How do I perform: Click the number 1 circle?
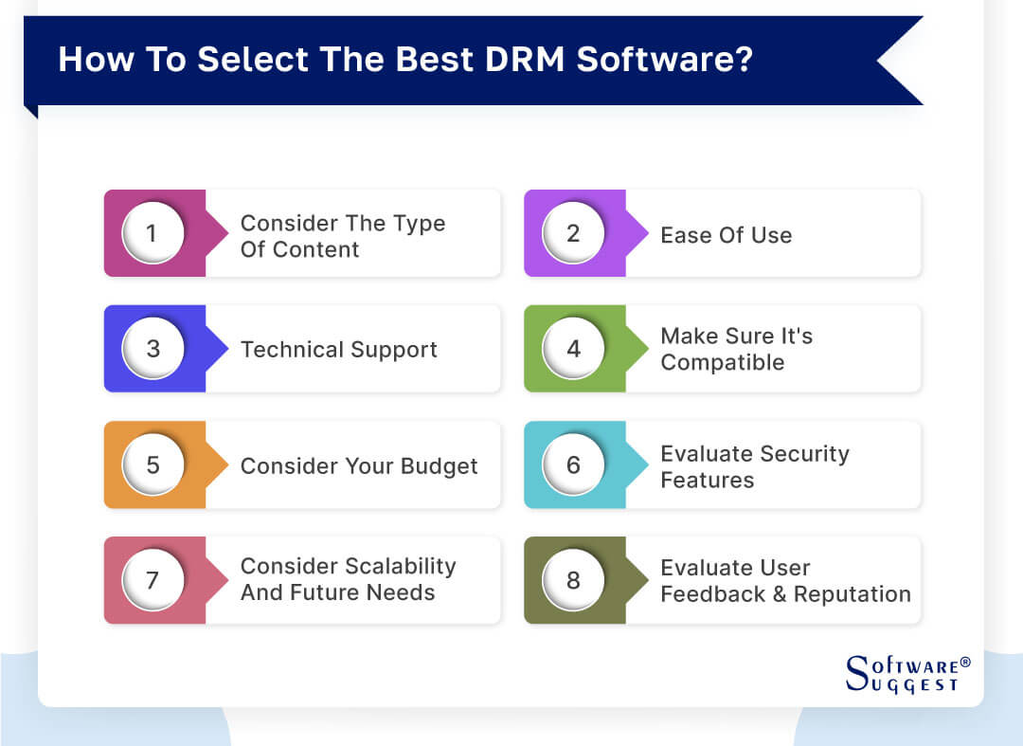tap(153, 233)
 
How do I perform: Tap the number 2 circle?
tap(573, 233)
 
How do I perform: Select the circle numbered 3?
tap(153, 349)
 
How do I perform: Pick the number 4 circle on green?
tap(573, 349)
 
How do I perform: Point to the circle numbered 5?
tap(153, 464)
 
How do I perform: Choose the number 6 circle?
tap(573, 464)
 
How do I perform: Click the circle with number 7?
tap(153, 580)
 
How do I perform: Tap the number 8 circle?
tap(573, 580)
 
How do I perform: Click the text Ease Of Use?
tap(726, 235)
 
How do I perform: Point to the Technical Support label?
tap(338, 350)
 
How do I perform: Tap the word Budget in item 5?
tap(434, 466)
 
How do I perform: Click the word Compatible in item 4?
tap(722, 363)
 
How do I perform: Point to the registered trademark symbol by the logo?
tap(965, 663)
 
